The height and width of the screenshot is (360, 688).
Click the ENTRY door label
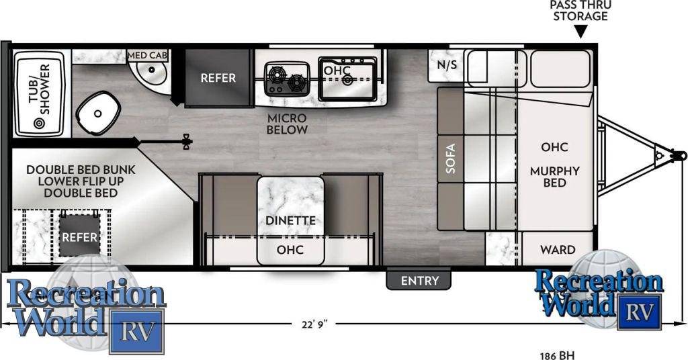click(x=419, y=280)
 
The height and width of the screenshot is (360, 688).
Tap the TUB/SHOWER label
click(x=40, y=89)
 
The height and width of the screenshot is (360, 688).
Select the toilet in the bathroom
click(x=98, y=114)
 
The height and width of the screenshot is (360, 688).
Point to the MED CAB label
click(x=147, y=55)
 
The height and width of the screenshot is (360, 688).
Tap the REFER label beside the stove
click(x=218, y=78)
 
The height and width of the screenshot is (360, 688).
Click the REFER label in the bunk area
click(x=79, y=237)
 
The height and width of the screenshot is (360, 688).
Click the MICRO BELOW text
click(x=287, y=124)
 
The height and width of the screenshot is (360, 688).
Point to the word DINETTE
click(x=290, y=220)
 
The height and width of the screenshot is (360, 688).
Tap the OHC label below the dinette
click(x=290, y=250)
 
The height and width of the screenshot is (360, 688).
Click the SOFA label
click(x=451, y=159)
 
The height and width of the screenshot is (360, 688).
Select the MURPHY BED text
click(x=554, y=177)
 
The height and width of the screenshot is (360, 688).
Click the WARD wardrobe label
click(x=558, y=250)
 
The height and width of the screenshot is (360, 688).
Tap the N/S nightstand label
click(x=447, y=65)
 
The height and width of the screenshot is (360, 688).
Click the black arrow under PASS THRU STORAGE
click(x=581, y=32)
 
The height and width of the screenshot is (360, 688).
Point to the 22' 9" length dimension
click(x=314, y=324)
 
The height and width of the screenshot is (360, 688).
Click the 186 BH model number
click(x=557, y=355)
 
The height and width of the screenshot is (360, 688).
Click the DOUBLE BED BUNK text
click(x=81, y=170)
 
